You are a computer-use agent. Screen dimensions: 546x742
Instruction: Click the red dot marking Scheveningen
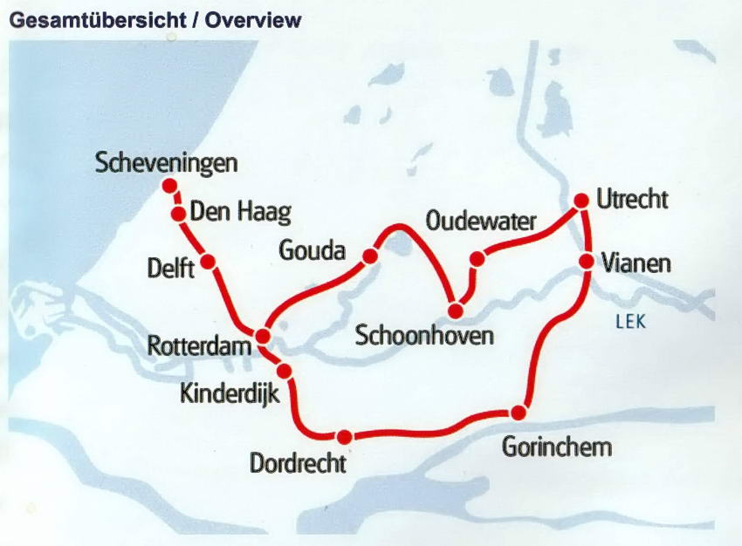tap(169, 186)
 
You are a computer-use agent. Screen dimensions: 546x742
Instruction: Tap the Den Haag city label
tap(240, 212)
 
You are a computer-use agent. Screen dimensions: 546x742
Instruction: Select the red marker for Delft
tap(208, 261)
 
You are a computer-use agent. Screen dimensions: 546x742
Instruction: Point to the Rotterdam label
tap(199, 345)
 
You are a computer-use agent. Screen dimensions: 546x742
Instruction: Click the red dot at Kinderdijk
tap(284, 371)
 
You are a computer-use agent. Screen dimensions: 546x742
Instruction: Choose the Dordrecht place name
tap(298, 462)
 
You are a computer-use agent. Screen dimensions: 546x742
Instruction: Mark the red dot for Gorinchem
tap(519, 413)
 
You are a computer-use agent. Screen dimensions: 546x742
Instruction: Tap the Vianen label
tap(636, 263)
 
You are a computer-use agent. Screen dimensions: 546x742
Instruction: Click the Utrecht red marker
tap(581, 201)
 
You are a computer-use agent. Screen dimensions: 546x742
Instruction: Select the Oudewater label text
tap(481, 222)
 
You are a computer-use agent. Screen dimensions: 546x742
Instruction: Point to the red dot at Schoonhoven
tap(456, 311)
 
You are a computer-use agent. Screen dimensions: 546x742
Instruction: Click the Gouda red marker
tap(370, 256)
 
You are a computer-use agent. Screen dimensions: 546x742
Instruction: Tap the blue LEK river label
tap(630, 322)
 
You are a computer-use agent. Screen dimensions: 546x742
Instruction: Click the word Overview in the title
tap(253, 19)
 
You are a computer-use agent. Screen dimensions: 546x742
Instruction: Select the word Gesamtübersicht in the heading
tap(100, 19)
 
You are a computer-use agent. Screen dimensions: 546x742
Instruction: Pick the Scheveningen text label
tap(167, 163)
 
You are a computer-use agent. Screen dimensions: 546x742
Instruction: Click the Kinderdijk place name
tap(230, 393)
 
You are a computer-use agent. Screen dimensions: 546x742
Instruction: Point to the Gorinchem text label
tap(557, 447)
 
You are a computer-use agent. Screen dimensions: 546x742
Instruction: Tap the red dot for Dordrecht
tap(345, 437)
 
